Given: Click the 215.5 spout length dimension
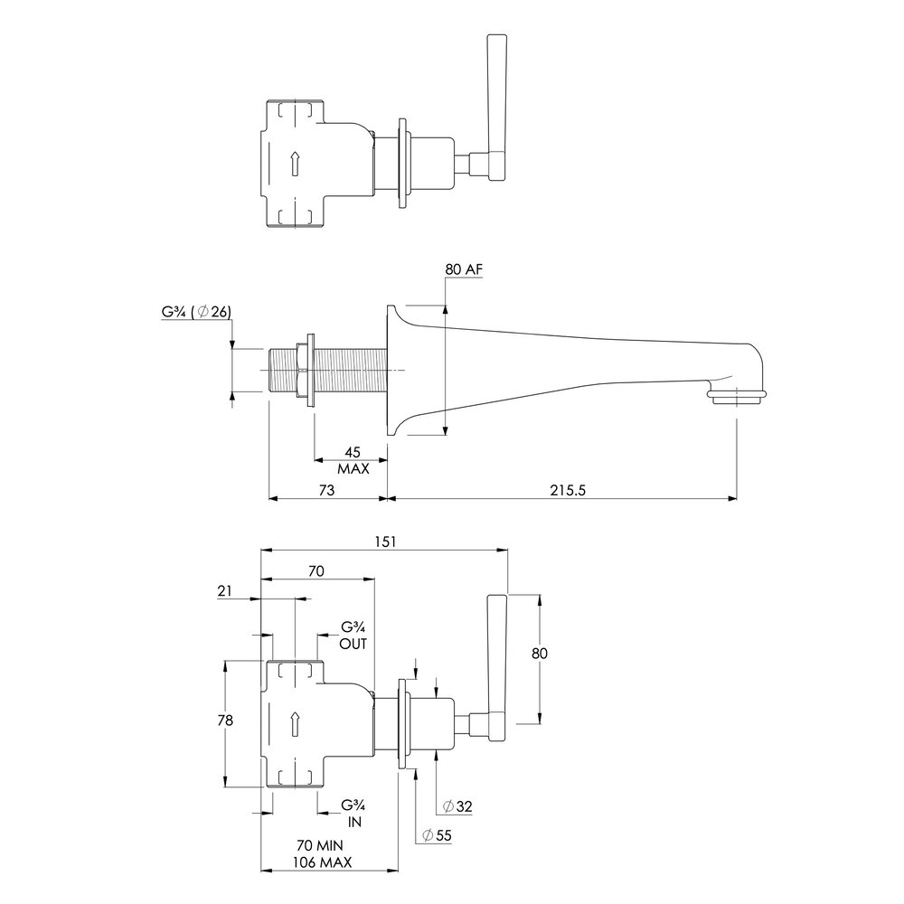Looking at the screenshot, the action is coord(568,490).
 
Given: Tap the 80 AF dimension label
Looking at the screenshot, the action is coord(464,268).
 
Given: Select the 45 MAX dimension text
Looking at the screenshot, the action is coord(353,460).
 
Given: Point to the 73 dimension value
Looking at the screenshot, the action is coord(326,490).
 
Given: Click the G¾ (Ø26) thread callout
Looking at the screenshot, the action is coord(196,312).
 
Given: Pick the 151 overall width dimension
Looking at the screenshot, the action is coord(385,541).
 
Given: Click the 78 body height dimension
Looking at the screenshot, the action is coord(225,720).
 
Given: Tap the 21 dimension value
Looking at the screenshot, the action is coord(224,590).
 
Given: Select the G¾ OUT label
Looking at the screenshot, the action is coord(353,636).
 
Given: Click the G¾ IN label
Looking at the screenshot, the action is coord(353,813).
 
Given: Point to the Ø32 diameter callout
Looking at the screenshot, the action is coord(457,806).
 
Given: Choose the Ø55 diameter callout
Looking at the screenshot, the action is coord(437,835).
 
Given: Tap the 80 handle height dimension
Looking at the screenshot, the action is coord(540,654).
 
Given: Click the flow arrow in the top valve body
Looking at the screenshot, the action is coord(295,163).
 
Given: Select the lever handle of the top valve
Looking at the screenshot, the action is coord(497,108).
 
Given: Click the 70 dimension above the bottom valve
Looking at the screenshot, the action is coord(316,570).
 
